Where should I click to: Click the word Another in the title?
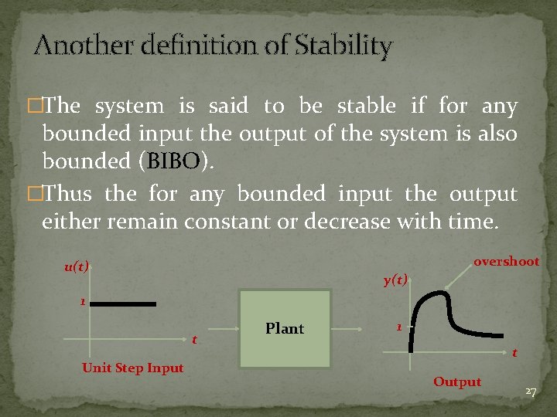pos(71,46)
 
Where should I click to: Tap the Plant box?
pos(285,329)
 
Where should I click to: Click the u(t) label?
pos(77,267)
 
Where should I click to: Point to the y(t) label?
pos(395,280)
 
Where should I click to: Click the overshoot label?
pos(506,262)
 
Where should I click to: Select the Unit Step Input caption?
pos(132,368)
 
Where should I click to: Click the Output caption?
pos(456,381)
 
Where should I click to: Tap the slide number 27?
pos(531,392)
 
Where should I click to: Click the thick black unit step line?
pos(124,304)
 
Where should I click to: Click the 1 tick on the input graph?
pos(82,302)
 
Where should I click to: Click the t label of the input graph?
pos(193,340)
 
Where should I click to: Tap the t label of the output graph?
pos(514,353)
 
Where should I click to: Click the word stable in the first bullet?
pos(368,106)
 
